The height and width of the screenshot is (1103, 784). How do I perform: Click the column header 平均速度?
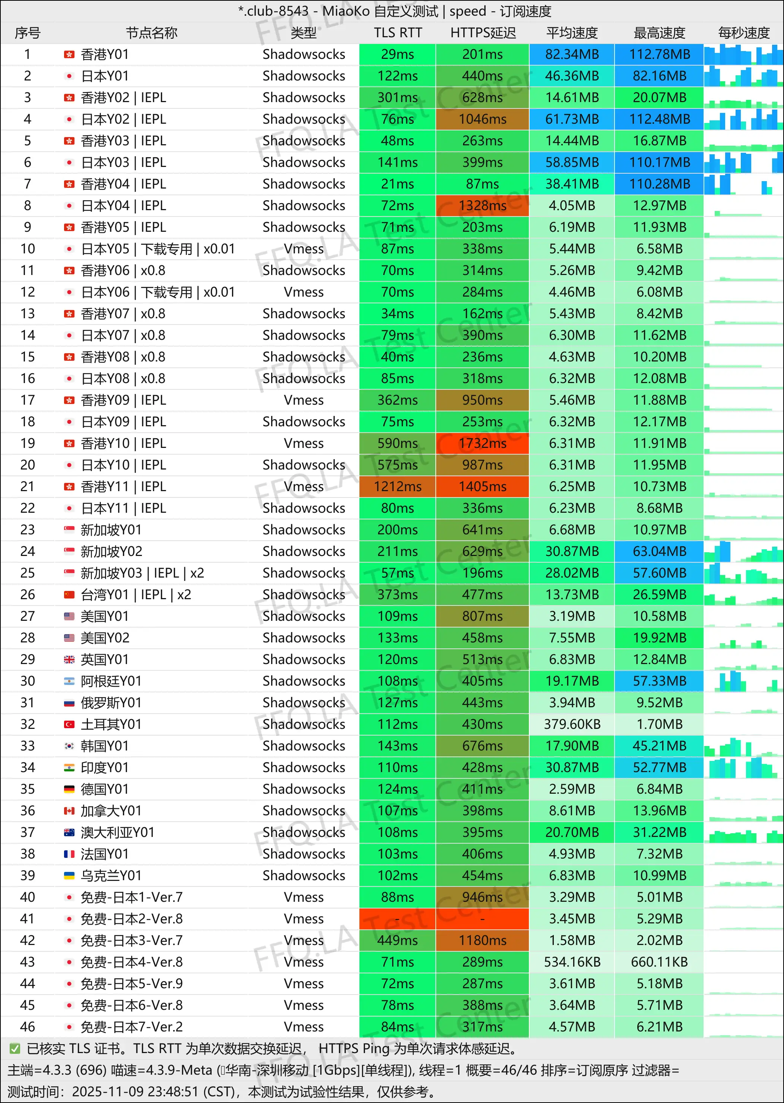tap(572, 33)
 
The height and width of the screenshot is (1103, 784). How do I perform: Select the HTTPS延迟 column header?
tap(483, 33)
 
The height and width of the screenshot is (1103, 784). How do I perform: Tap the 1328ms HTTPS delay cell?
tap(482, 206)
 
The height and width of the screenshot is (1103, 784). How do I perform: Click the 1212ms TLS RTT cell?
tap(397, 487)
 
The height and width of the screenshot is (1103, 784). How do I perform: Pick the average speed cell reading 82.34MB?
tap(572, 54)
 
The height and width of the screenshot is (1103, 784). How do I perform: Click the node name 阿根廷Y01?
tap(111, 682)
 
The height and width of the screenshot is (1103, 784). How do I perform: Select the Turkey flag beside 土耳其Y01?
tap(70, 724)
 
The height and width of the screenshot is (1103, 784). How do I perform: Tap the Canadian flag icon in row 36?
tap(70, 811)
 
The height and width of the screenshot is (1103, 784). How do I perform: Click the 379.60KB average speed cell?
tap(572, 724)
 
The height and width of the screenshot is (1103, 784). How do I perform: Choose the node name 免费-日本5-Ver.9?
tap(131, 984)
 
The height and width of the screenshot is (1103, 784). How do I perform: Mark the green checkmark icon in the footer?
tap(15, 1049)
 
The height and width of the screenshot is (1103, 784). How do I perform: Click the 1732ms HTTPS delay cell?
tap(482, 443)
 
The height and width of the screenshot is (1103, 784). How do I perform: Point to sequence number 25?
tap(28, 573)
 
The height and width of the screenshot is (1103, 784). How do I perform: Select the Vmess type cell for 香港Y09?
tap(304, 400)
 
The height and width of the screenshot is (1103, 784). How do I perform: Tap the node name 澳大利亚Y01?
tap(117, 832)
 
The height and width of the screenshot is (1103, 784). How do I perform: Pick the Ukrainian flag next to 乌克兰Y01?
tap(70, 876)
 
